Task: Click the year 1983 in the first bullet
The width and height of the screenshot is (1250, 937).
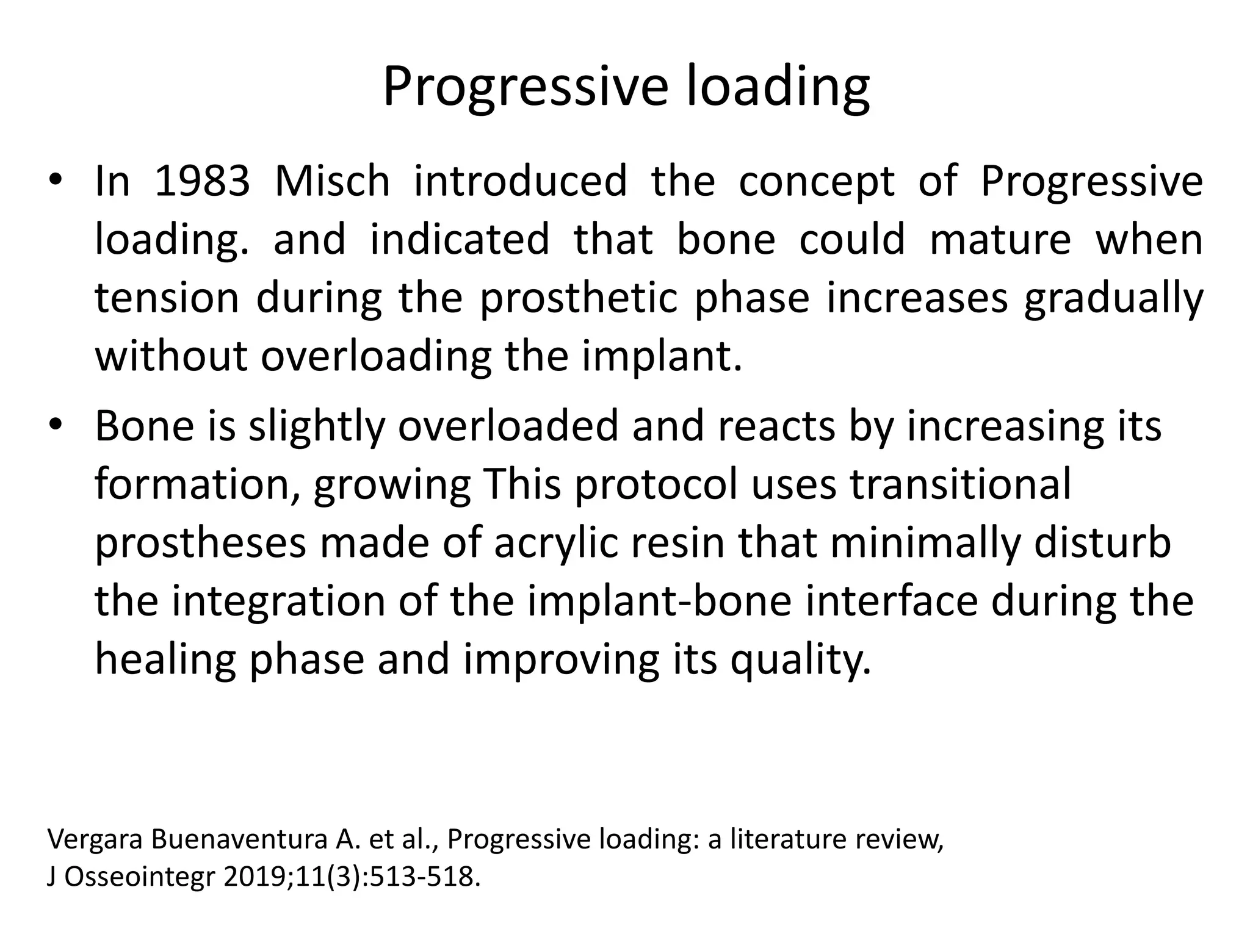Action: click(202, 181)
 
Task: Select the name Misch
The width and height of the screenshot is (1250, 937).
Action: click(332, 181)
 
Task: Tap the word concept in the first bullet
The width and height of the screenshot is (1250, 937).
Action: click(816, 182)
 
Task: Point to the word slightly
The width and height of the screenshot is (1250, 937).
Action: click(317, 426)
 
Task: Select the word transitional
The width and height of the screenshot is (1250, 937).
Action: click(961, 484)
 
